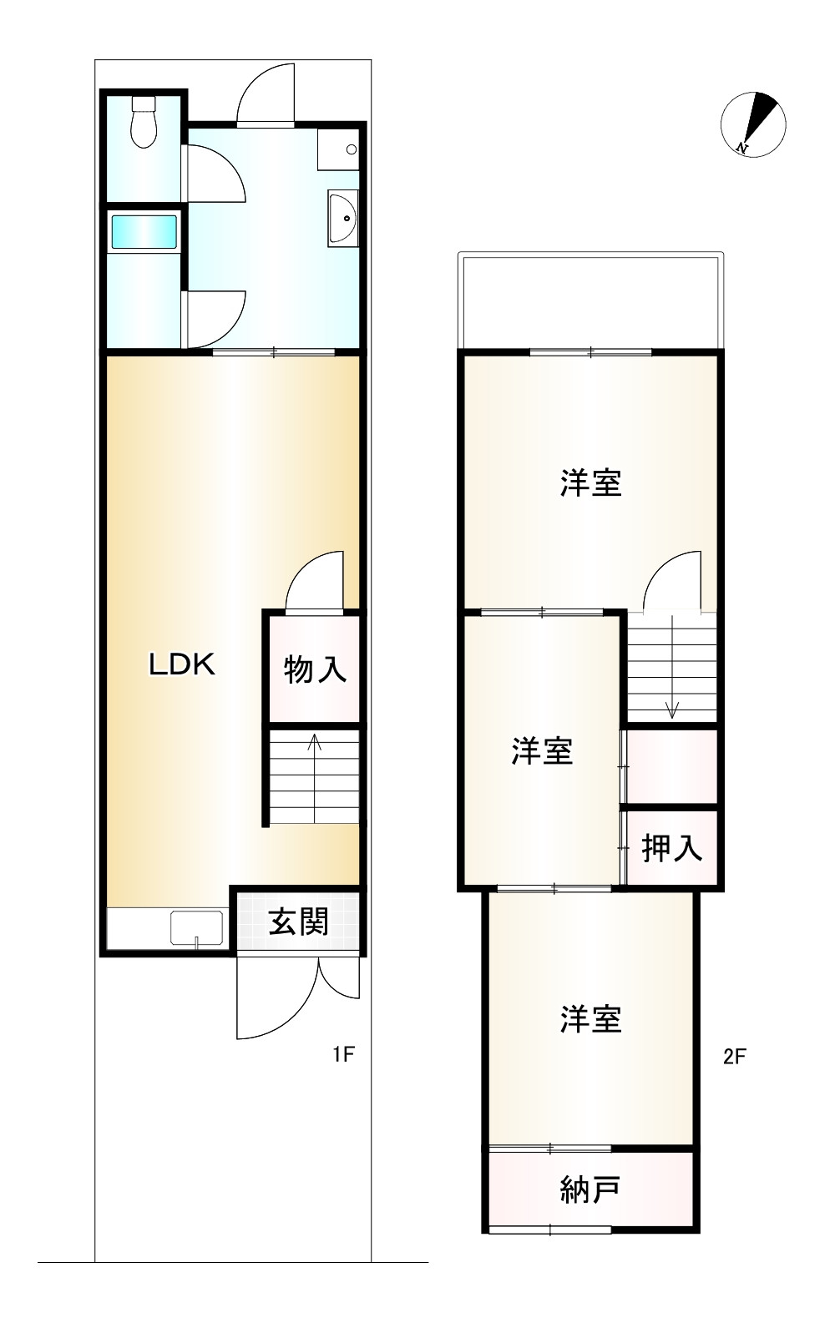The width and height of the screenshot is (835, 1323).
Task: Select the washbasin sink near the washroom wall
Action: point(342,218)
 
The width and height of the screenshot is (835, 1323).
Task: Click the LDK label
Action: point(182,664)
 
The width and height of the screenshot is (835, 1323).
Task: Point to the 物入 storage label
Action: point(315,669)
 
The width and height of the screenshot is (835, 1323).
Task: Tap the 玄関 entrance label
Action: point(298,922)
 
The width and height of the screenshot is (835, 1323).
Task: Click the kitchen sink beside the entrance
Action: point(196,928)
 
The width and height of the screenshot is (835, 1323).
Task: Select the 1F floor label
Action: point(344,1054)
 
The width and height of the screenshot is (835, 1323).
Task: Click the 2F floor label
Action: point(734,1056)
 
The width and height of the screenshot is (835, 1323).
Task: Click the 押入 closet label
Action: point(671,848)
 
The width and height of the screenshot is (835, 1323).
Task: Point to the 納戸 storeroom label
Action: point(590,1189)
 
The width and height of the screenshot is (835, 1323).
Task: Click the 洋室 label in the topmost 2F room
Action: point(591,483)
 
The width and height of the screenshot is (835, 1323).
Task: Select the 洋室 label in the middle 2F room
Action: point(542,751)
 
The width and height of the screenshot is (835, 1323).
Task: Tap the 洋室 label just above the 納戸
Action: point(591,1019)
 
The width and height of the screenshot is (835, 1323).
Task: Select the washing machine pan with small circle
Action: point(338,150)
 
